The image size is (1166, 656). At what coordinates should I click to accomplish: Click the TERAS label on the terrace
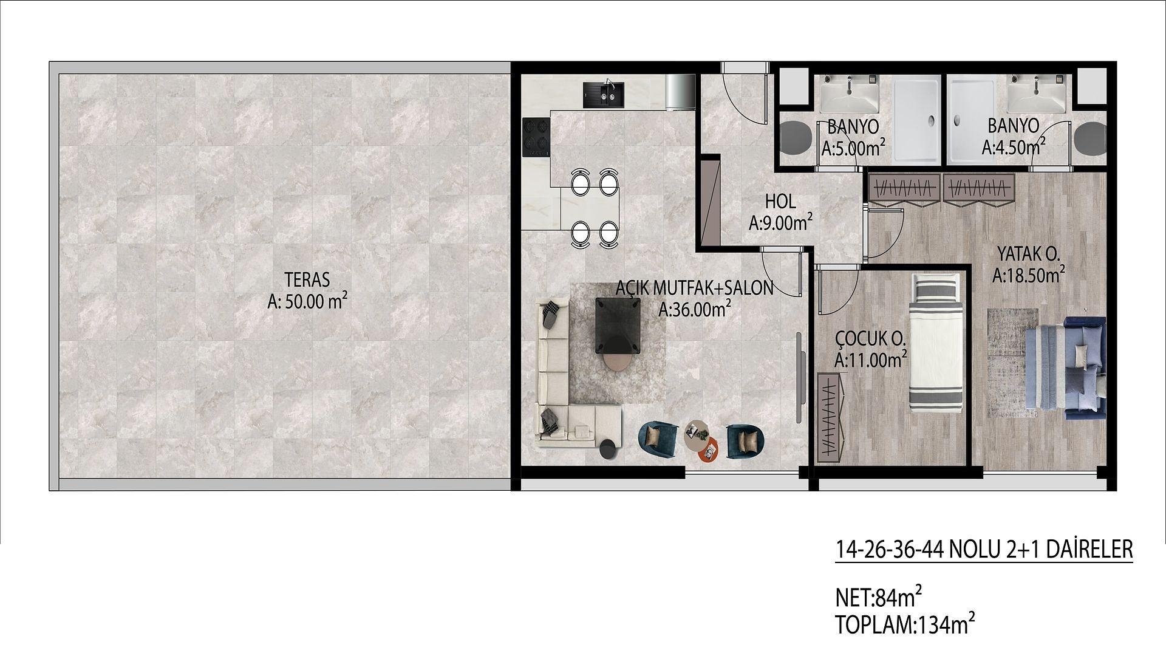pyautogui.click(x=307, y=280)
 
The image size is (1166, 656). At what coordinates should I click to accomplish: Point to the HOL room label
pyautogui.click(x=780, y=201)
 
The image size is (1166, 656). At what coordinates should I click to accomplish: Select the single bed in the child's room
pyautogui.click(x=936, y=342)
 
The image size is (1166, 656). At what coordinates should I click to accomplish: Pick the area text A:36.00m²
pyautogui.click(x=695, y=310)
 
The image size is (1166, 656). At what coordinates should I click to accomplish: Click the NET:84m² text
pyautogui.click(x=879, y=598)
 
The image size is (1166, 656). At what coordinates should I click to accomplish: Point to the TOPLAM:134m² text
pyautogui.click(x=905, y=624)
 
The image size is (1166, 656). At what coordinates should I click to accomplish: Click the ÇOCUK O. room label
pyautogui.click(x=870, y=338)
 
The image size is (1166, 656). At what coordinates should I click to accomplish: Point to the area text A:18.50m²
pyautogui.click(x=1029, y=276)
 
